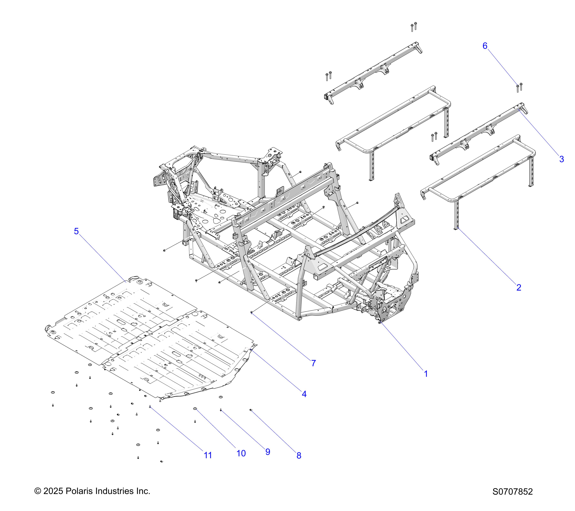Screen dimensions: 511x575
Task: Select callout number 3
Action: point(561,159)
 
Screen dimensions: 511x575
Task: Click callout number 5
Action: point(76,231)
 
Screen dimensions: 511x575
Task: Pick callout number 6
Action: point(485,46)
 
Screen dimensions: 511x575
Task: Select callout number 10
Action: point(241,453)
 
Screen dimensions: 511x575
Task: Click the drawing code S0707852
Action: point(513,500)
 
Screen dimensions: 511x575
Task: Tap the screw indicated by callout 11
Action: point(150,406)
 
